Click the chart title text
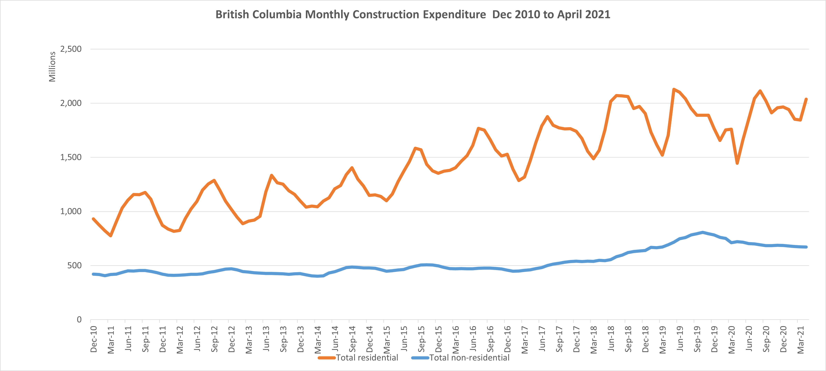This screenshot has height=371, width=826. [x=413, y=15]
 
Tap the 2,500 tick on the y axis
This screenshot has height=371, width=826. [x=71, y=49]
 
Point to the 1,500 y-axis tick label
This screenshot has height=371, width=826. [x=71, y=157]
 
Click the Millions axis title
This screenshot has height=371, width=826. [x=52, y=67]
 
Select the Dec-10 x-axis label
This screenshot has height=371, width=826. [x=94, y=339]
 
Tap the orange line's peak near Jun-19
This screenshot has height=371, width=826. [x=674, y=89]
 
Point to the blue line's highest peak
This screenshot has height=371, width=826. [x=702, y=232]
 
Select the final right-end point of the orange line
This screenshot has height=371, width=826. [x=806, y=99]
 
